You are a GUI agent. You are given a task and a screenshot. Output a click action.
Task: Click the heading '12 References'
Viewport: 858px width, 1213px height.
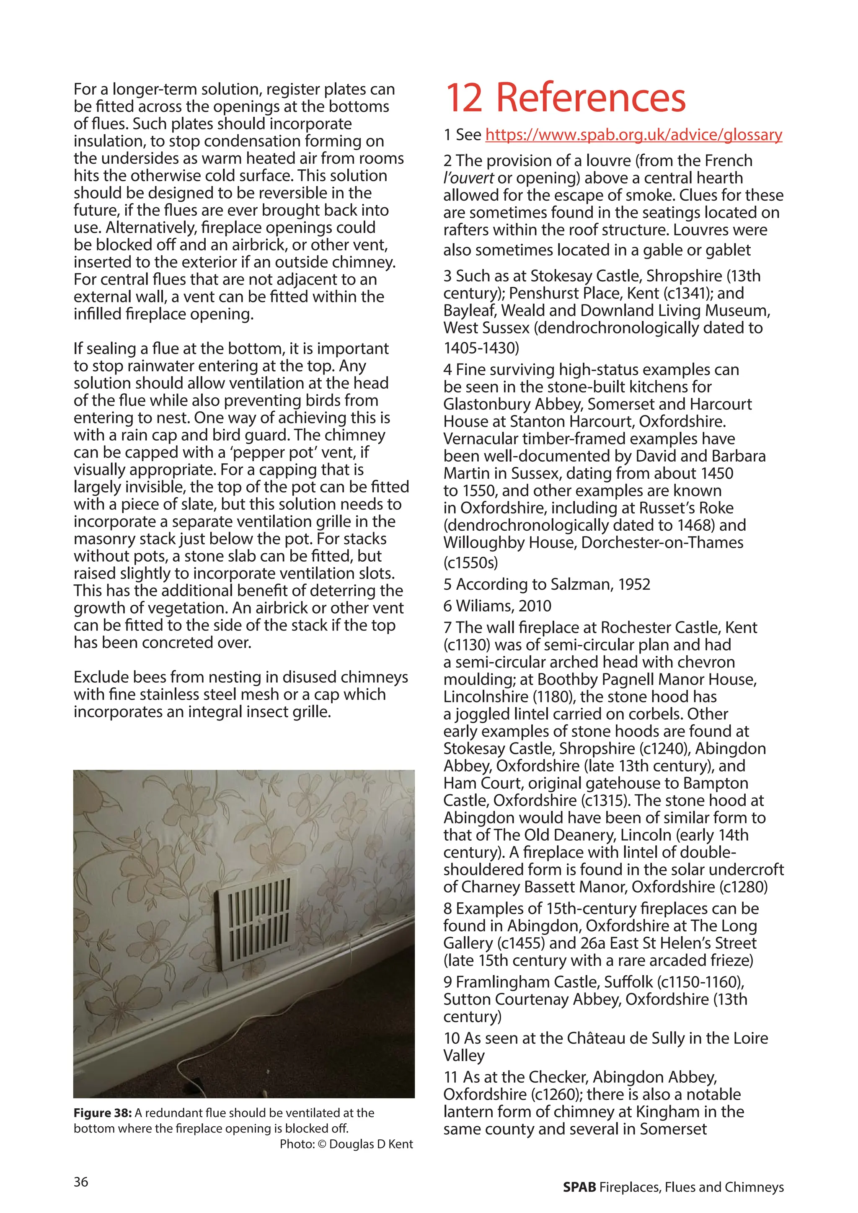[x=565, y=98]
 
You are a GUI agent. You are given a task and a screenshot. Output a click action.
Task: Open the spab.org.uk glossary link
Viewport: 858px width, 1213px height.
[x=633, y=135]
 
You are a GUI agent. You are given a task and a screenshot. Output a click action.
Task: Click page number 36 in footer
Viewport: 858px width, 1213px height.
[x=81, y=1182]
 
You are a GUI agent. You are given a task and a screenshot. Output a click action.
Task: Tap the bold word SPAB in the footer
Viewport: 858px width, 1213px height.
[x=579, y=1187]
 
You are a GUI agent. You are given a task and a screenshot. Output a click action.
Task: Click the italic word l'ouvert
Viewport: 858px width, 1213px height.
[x=469, y=178]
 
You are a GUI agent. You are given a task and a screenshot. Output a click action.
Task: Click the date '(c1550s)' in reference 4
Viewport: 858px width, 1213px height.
[x=470, y=563]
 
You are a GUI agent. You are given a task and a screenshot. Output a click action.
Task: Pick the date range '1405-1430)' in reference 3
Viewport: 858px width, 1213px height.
[x=481, y=348]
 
